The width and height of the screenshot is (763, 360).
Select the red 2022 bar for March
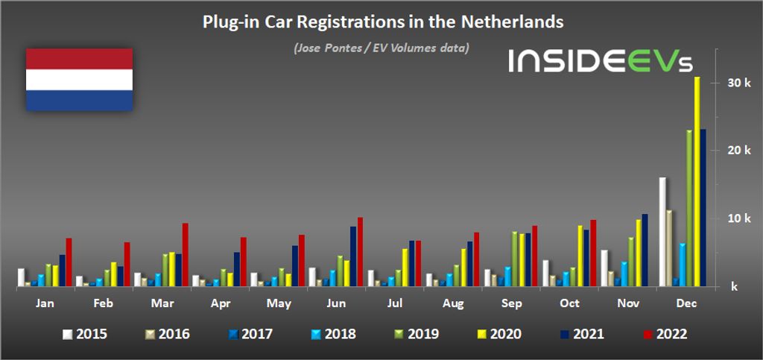click(186, 254)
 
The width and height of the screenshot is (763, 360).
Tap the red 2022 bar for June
click(361, 251)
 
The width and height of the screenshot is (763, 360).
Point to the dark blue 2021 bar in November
click(645, 250)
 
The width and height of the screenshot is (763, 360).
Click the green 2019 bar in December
click(689, 208)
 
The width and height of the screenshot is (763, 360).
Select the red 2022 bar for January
click(69, 262)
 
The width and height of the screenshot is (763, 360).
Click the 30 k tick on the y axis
click(732, 83)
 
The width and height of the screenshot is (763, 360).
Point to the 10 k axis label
click(732, 218)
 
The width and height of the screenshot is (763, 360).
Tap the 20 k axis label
click(732, 151)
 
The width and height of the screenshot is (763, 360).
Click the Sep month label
click(511, 304)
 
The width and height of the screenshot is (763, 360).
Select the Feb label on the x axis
click(103, 304)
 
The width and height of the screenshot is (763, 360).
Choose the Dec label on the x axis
click(686, 304)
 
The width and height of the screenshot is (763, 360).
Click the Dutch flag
click(80, 79)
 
